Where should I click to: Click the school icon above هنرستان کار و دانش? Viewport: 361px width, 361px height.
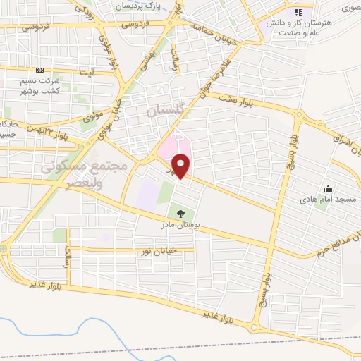(298, 12)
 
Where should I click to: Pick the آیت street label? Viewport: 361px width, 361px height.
(87, 72)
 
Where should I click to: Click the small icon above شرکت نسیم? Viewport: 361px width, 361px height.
(39, 71)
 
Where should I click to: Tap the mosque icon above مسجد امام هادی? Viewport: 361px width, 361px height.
(328, 188)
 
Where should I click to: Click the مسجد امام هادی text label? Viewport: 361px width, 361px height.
(328, 200)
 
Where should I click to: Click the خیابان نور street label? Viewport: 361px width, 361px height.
(173, 250)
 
